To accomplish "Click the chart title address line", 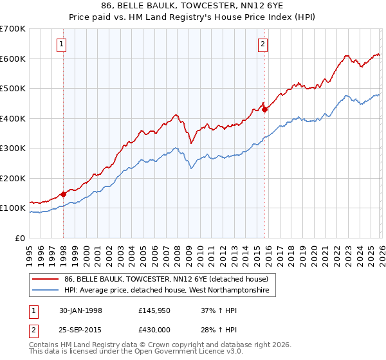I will click(x=194, y=5).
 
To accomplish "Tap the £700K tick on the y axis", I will click(x=13, y=29).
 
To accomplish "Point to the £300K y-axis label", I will click(x=13, y=148).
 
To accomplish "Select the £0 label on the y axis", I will click(x=20, y=238).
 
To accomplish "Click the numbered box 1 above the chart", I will click(x=61, y=44).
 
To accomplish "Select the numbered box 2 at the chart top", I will click(x=263, y=44).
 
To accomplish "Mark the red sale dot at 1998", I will click(x=64, y=194).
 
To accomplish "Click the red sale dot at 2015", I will click(x=264, y=109).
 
